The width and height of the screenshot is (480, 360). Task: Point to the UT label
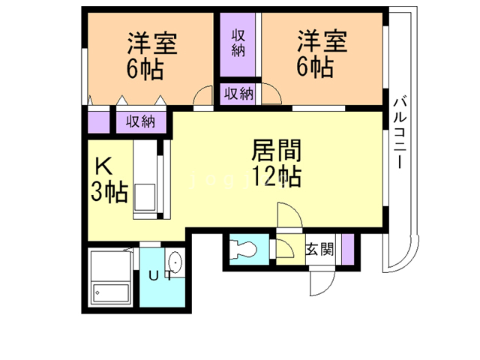pyautogui.click(x=159, y=276)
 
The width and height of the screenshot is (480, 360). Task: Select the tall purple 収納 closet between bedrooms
pyautogui.click(x=239, y=46)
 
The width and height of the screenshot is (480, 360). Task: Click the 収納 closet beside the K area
pyautogui.click(x=140, y=121)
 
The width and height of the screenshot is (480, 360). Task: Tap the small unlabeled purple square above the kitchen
pyautogui.click(x=98, y=121)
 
